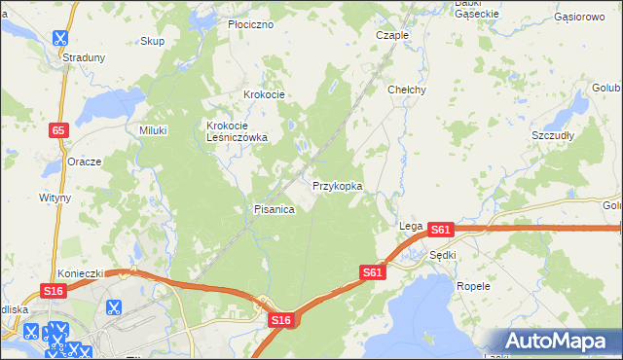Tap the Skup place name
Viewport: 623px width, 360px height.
[152, 41]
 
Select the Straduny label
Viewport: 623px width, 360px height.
[83, 58]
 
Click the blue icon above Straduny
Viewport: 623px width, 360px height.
[59, 39]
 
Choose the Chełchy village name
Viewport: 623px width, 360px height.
[407, 90]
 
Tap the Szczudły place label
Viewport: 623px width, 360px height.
[552, 135]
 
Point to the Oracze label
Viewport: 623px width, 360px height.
[85, 162]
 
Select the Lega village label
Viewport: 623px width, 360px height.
[409, 226]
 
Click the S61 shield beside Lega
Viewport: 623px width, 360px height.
[440, 230]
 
